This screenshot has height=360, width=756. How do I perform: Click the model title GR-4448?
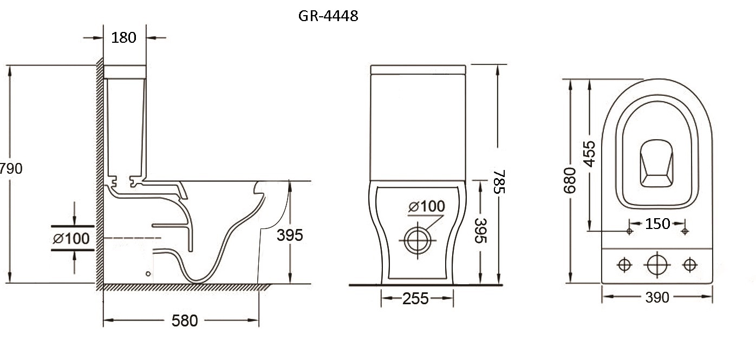click(x=328, y=16)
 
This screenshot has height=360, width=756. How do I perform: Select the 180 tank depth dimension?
click(x=123, y=37)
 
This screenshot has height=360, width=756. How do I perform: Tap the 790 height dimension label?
click(x=11, y=168)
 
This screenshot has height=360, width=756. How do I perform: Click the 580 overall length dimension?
click(x=184, y=320)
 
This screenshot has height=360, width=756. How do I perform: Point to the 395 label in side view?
click(x=290, y=235)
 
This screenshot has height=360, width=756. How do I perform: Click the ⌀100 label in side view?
click(x=71, y=239)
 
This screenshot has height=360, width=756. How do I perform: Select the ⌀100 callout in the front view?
click(x=427, y=206)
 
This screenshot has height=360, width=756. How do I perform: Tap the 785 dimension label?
click(x=499, y=181)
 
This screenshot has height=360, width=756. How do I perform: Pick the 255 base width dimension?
click(x=415, y=299)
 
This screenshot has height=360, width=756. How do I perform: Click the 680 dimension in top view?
click(x=569, y=180)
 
